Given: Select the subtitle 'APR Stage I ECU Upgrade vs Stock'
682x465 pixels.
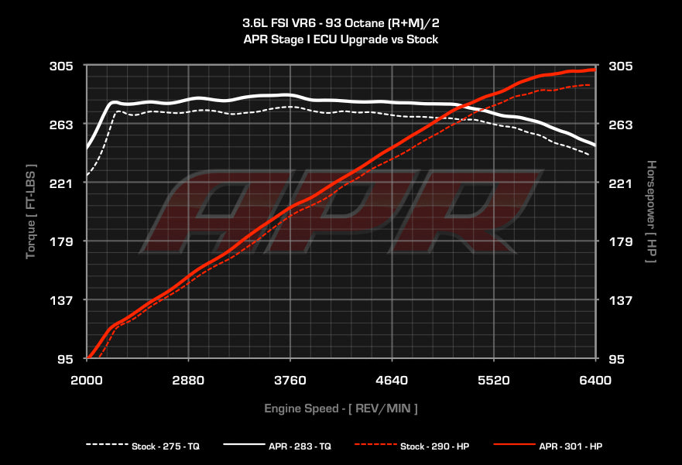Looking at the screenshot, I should point(341,39).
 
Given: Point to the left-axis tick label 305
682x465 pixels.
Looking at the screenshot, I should point(62,67).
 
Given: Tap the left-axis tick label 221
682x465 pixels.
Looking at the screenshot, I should point(62,183).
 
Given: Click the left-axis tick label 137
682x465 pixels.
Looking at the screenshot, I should point(62,300).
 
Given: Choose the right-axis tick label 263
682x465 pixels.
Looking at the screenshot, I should point(622,125).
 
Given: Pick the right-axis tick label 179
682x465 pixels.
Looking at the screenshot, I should point(622,242).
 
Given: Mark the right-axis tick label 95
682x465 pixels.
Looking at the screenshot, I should point(619,359).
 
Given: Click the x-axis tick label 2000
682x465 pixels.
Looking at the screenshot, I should point(87,380).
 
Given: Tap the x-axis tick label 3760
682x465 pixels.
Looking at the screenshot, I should point(290,380).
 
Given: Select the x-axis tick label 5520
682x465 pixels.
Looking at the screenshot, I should point(494,380).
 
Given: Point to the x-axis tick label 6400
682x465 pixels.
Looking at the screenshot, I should point(595,380).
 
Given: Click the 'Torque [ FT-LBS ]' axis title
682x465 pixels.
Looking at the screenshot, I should point(31,211).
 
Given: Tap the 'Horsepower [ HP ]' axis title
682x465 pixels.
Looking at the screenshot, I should point(651,211).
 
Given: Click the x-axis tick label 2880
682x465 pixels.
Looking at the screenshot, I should point(188,380).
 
